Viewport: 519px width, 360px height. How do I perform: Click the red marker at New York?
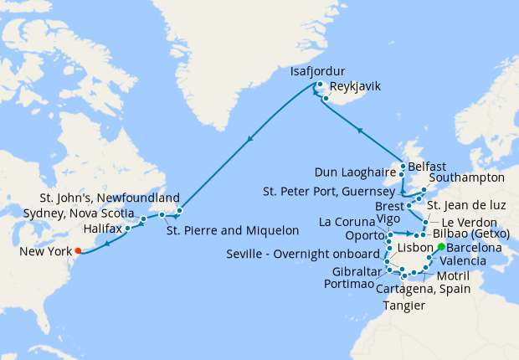tap(77, 249)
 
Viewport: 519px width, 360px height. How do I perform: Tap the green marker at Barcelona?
tap(441, 248)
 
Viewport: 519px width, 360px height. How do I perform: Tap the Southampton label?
tap(467, 178)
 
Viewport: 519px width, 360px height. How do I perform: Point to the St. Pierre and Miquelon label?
tap(233, 230)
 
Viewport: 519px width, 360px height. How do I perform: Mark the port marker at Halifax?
tap(127, 228)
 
